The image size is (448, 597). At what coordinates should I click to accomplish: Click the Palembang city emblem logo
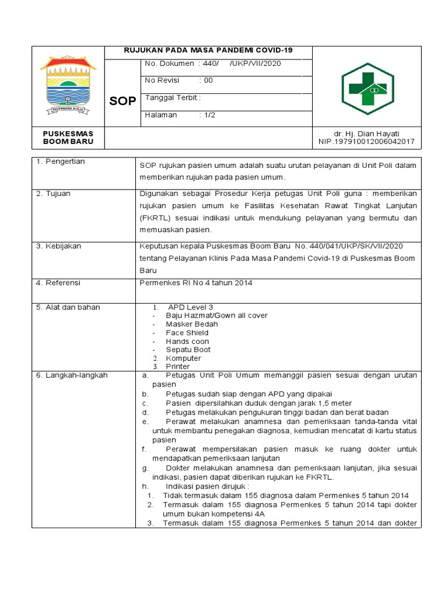click(68, 86)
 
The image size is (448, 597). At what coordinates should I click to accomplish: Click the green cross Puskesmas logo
click(367, 87)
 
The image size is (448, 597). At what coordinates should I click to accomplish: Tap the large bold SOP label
click(123, 101)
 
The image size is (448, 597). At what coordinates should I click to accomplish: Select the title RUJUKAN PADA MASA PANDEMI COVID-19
click(208, 51)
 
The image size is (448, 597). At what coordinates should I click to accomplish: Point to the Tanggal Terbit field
click(173, 97)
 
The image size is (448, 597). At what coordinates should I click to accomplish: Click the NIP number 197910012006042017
click(366, 142)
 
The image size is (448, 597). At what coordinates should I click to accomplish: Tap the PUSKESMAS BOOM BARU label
click(68, 138)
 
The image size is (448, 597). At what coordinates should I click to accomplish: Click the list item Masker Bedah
click(191, 324)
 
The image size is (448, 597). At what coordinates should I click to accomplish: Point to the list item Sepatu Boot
click(188, 350)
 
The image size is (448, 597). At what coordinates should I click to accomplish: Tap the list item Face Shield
click(187, 333)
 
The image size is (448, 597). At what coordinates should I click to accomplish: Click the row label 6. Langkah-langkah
click(72, 375)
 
